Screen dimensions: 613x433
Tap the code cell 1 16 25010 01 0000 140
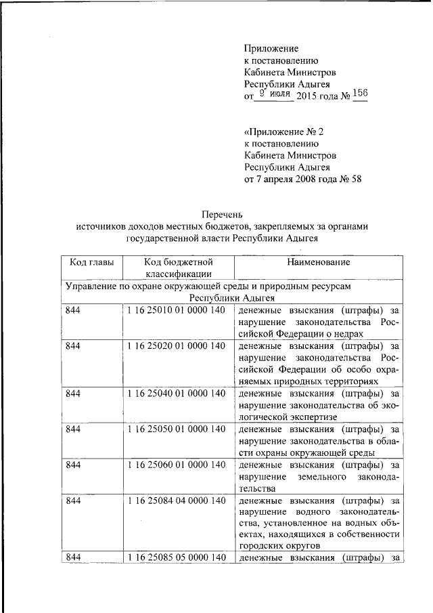click(x=175, y=310)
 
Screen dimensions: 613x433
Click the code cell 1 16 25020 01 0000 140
click(x=175, y=345)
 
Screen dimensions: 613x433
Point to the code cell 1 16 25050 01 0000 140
click(x=175, y=429)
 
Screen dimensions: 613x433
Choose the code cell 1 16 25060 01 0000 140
click(x=175, y=465)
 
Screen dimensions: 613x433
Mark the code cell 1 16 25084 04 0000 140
click(x=175, y=501)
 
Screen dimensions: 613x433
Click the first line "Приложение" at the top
click(x=271, y=48)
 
